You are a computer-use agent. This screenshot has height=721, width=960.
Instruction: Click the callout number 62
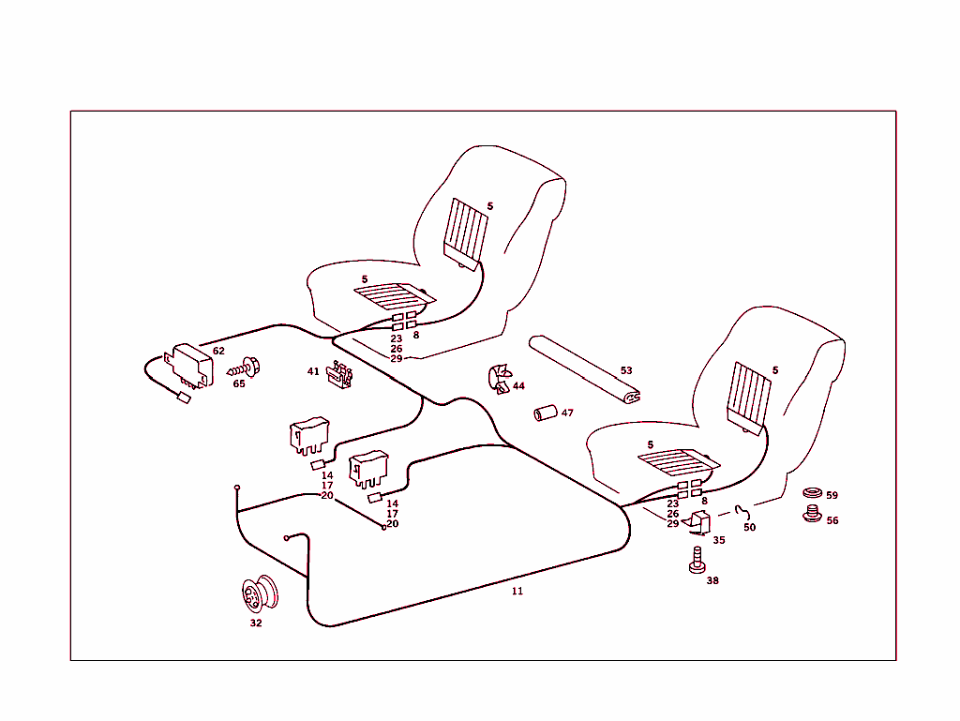click(x=218, y=351)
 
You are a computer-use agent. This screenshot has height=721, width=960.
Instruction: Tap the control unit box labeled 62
click(x=190, y=365)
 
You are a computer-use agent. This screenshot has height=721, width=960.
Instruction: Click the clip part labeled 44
click(x=497, y=379)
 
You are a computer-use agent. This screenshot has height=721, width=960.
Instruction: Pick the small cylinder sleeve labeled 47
click(x=545, y=413)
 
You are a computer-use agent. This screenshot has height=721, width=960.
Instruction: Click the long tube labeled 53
click(x=581, y=368)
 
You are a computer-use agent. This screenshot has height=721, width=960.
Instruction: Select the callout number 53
click(x=626, y=370)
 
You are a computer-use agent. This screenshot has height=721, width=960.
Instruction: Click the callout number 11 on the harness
click(x=517, y=591)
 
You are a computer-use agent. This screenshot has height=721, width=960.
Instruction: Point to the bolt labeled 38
click(x=696, y=560)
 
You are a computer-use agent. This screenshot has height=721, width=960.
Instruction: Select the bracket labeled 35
click(x=697, y=524)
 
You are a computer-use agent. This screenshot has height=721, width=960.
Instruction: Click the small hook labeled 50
click(x=745, y=511)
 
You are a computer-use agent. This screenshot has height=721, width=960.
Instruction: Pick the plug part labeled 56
click(x=811, y=514)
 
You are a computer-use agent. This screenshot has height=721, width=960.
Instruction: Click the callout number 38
click(x=712, y=580)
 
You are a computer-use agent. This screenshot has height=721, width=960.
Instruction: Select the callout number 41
click(x=313, y=371)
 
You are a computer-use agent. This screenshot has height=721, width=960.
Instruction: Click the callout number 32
click(x=256, y=623)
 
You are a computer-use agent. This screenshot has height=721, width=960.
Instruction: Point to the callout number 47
click(x=567, y=413)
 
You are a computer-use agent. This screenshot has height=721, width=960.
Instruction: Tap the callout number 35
click(x=719, y=540)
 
